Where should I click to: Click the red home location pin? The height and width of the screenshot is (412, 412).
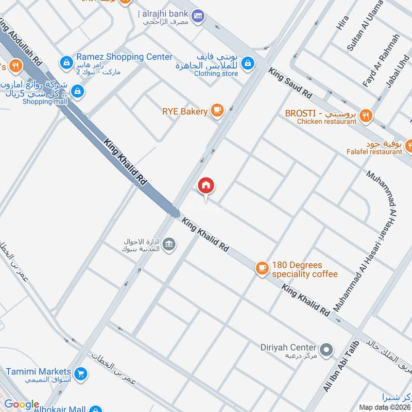coord(206,186)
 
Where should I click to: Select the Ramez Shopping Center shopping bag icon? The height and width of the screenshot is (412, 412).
coord(66,63)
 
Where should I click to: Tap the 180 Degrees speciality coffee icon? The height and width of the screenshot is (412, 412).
coord(262,268)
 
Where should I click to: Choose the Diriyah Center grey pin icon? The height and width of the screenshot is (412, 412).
coord(325,351)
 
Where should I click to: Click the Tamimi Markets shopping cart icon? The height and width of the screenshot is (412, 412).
coord(80,373)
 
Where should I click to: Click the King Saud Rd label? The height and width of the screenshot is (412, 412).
coord(290,84)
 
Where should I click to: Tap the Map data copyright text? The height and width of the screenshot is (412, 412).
coord(384,406)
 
